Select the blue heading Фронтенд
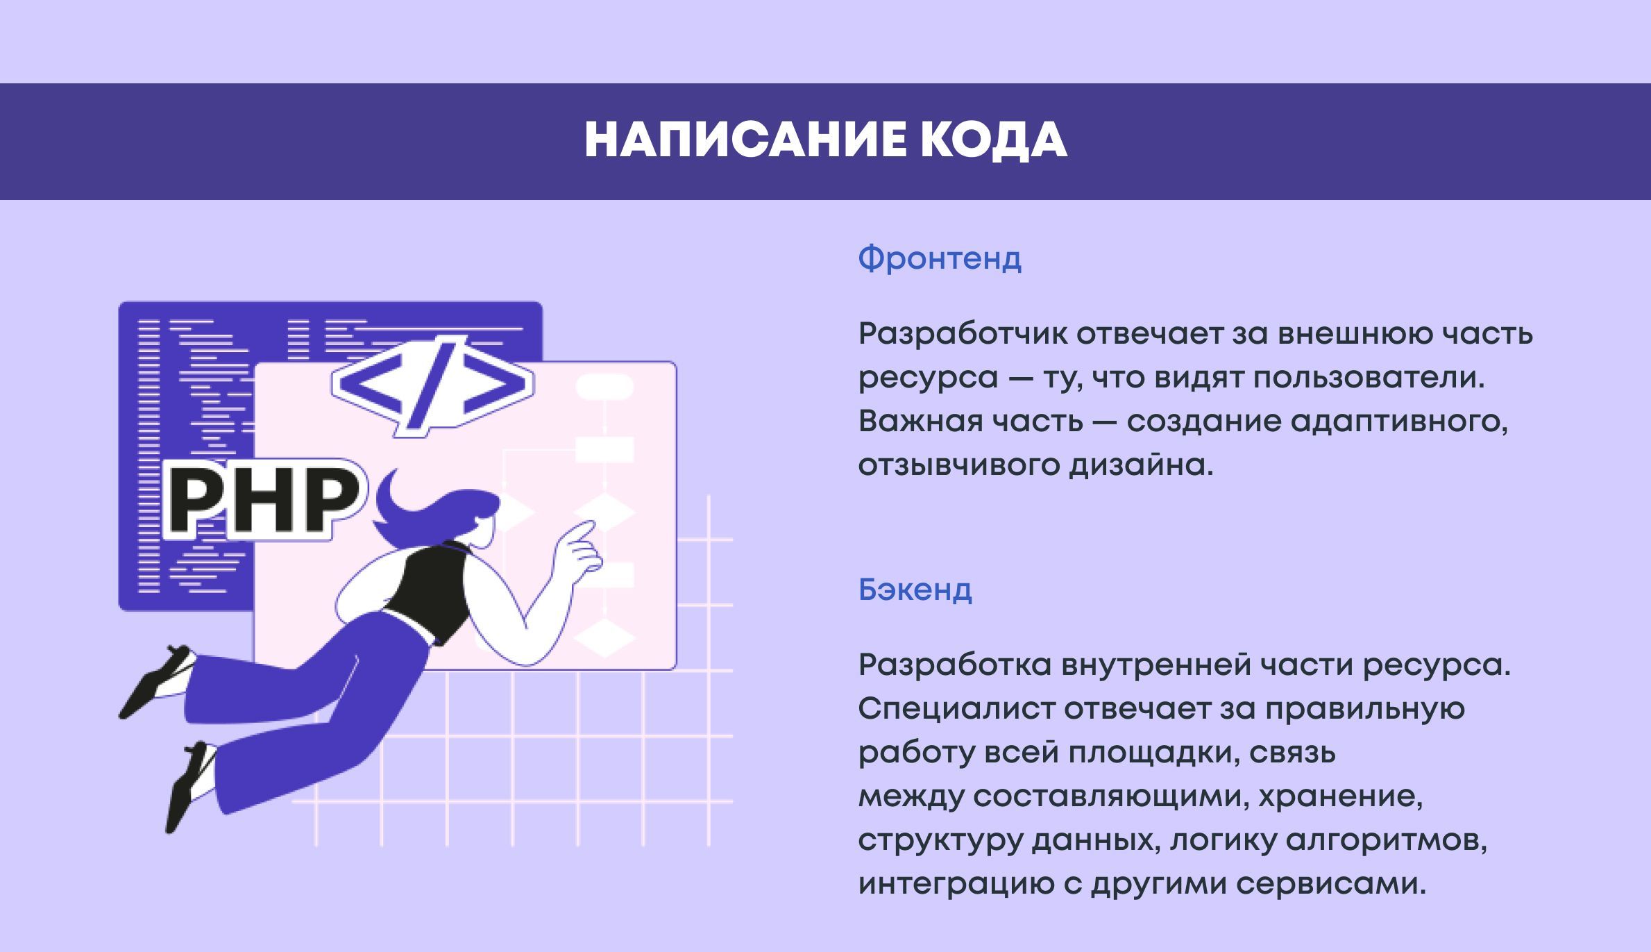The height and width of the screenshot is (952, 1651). click(940, 258)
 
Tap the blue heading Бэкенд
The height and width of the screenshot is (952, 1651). click(915, 590)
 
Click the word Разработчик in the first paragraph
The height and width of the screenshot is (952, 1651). click(963, 334)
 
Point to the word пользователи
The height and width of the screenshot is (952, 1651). click(1369, 378)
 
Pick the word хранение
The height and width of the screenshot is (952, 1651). click(1340, 796)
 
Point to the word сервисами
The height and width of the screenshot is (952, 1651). click(1331, 884)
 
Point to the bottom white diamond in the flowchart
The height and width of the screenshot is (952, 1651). click(604, 638)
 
